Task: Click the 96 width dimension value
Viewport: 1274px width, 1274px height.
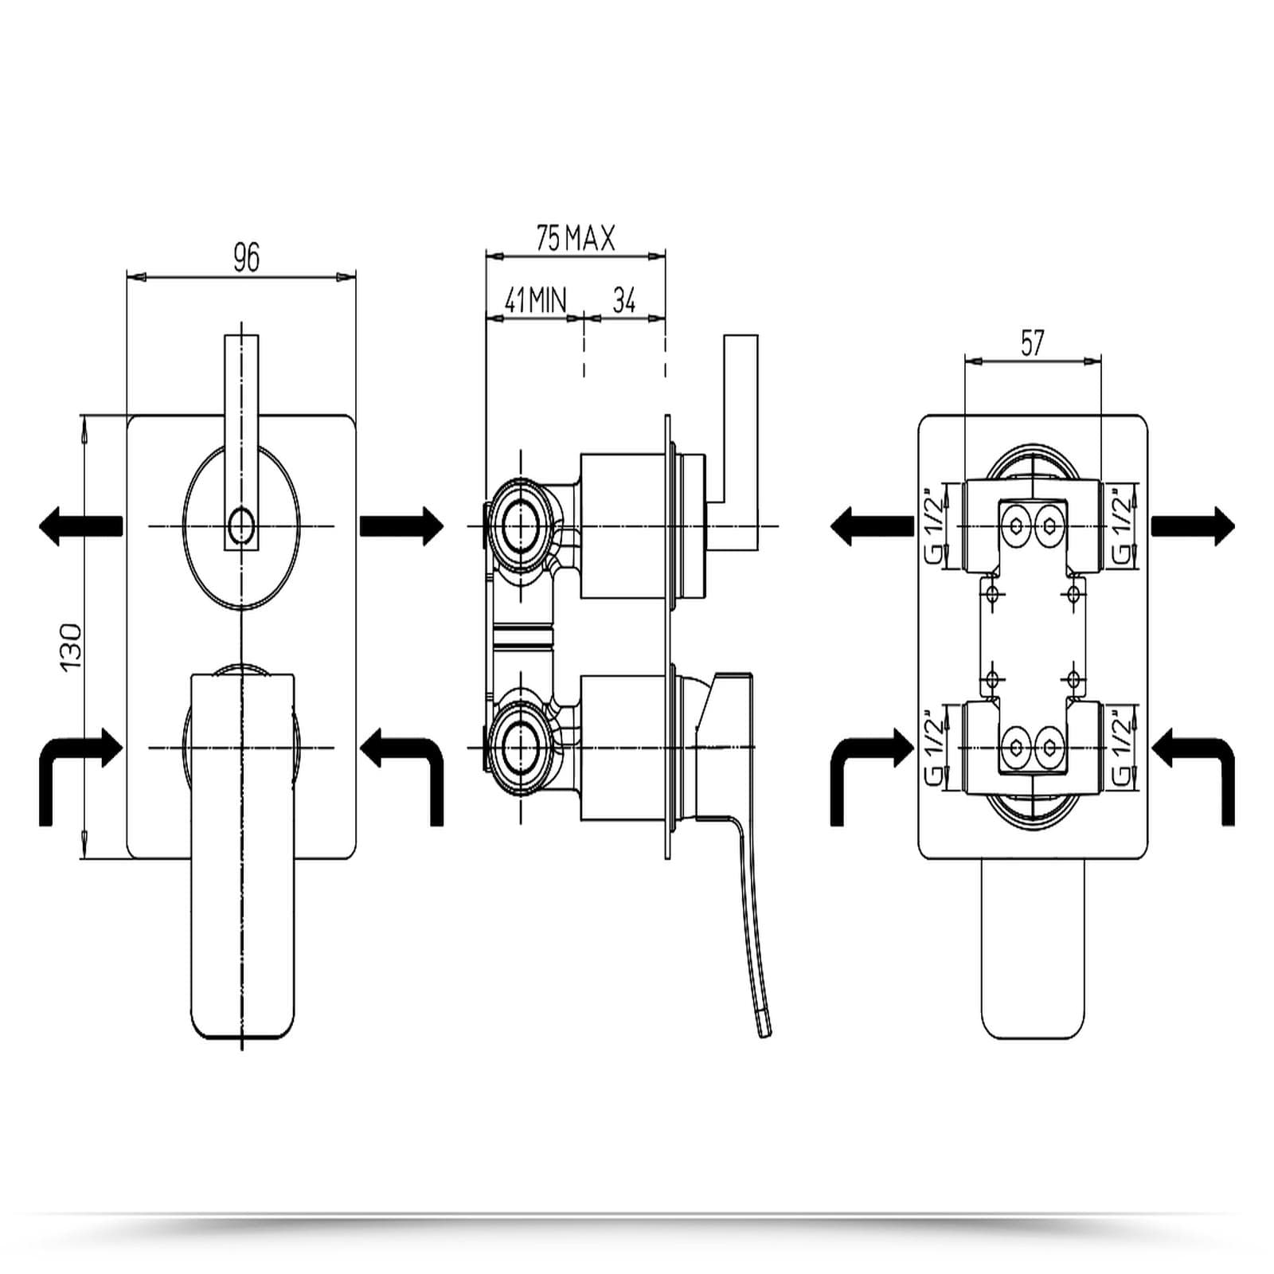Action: pos(246,257)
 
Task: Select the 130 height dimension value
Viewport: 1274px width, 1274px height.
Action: pos(72,646)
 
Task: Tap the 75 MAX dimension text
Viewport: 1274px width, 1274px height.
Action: pos(575,238)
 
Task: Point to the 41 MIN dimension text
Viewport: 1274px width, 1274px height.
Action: pos(534,300)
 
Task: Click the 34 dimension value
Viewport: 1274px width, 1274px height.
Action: pos(624,300)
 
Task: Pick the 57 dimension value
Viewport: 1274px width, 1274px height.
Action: pos(1032,343)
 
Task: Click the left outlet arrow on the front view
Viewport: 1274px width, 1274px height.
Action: pos(80,526)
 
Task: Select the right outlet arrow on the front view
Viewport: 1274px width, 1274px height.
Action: pos(402,526)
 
